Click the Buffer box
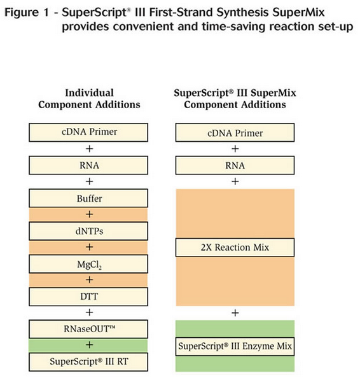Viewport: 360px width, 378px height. (x=88, y=198)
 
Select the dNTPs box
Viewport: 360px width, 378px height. (x=88, y=231)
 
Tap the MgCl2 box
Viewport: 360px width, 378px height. (x=88, y=264)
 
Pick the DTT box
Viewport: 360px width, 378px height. (x=88, y=297)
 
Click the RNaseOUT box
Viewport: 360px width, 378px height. (x=88, y=329)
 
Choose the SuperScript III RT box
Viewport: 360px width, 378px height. (x=88, y=362)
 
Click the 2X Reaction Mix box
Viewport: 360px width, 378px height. (x=235, y=248)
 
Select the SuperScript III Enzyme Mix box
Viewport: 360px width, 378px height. (x=235, y=346)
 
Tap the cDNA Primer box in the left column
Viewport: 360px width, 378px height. (x=88, y=132)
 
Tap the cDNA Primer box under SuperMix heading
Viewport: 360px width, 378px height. (x=235, y=132)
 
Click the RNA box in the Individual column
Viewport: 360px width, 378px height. (x=88, y=165)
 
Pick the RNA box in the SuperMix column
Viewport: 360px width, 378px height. (x=235, y=165)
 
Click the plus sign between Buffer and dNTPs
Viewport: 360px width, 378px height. (x=90, y=214)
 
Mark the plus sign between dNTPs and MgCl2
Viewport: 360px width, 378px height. (x=90, y=247)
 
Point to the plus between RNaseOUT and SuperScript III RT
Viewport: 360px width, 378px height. (x=90, y=345)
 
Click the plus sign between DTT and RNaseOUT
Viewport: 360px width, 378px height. (x=90, y=312)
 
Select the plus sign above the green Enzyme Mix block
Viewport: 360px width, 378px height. (x=235, y=313)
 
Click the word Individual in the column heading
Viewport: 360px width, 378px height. (x=90, y=93)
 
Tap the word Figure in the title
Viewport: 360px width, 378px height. (x=22, y=13)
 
